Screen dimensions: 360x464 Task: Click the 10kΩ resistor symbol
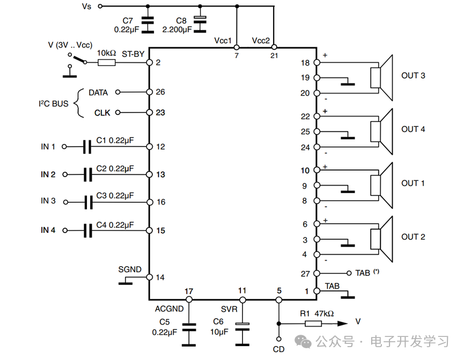[x=106, y=63]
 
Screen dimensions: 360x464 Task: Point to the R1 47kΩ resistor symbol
[x=313, y=324]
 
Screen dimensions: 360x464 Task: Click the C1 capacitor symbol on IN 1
[x=88, y=146]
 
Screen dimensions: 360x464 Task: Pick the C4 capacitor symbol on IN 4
[x=88, y=231]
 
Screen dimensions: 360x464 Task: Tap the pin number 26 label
[x=160, y=92]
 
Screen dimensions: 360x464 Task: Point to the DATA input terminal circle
[x=117, y=92]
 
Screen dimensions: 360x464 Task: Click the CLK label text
[x=102, y=113]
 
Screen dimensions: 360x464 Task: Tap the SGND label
[x=129, y=269]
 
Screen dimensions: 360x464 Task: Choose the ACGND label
[x=169, y=309]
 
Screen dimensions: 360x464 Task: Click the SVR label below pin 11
[x=229, y=309]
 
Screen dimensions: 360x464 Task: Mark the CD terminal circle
[x=278, y=340]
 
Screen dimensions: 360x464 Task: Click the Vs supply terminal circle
[x=99, y=6]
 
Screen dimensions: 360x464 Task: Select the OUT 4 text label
[x=413, y=129]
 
